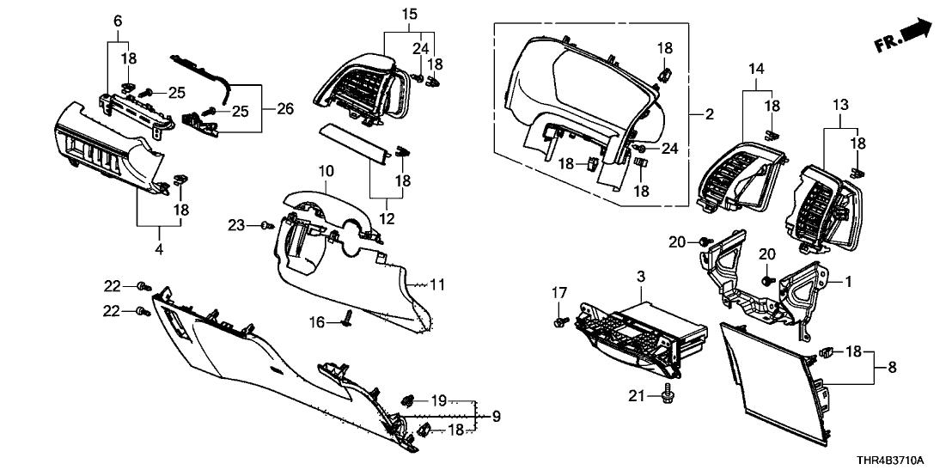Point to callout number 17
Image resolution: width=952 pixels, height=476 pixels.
pos(560,295)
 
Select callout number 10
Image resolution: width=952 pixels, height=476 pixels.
pos(325,173)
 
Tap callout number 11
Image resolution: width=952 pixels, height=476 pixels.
pos(438,284)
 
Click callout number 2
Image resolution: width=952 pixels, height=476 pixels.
pos(709,114)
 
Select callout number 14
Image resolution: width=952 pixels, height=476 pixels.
pos(756,68)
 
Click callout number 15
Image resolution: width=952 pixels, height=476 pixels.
pos(409,14)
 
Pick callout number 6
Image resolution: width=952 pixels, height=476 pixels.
pos(118,20)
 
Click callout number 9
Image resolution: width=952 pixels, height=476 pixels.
pos(496,417)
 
